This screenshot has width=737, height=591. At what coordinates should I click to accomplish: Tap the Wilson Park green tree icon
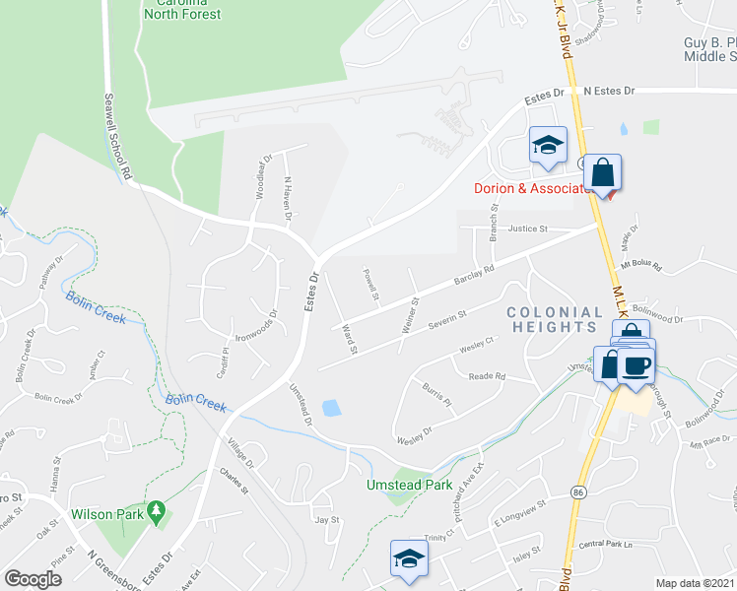pyautogui.click(x=156, y=512)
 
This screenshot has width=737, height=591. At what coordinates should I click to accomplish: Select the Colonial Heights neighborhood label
pyautogui.click(x=554, y=318)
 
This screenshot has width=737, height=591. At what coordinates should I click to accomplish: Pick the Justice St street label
pyautogui.click(x=527, y=229)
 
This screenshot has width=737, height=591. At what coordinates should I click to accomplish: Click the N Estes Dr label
pyautogui.click(x=608, y=91)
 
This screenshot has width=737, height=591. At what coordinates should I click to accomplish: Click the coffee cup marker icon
pyautogui.click(x=636, y=363)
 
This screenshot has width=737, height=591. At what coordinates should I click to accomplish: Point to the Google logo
pyautogui.click(x=33, y=579)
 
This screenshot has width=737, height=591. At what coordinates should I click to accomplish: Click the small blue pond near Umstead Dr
pyautogui.click(x=334, y=407)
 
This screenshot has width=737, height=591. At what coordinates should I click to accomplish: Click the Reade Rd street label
pyautogui.click(x=487, y=376)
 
